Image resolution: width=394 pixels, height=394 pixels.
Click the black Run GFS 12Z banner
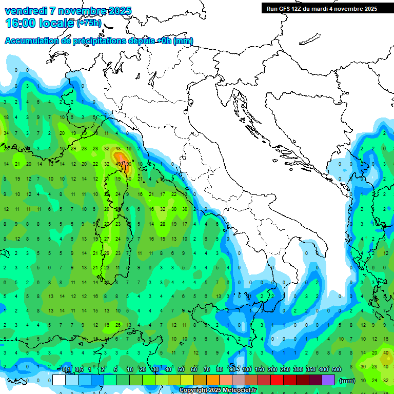pyautogui.click(x=322, y=8)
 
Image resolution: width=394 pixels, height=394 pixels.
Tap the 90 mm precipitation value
pyautogui.click(x=128, y=164)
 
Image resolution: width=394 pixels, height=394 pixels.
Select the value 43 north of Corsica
pyautogui.click(x=118, y=148)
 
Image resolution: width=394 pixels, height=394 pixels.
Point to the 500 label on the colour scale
pyautogui.click(x=337, y=369)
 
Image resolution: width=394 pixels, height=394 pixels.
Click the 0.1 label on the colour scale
pyautogui.click(x=67, y=369)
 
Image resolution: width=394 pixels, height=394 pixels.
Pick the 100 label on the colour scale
pyautogui.click(x=247, y=369)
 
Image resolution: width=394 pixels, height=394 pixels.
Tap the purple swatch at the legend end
pyautogui.click(x=329, y=380)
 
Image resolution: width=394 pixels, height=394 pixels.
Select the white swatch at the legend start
pyautogui.click(x=59, y=380)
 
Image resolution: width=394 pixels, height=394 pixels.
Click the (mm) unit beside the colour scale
pyautogui.click(x=347, y=381)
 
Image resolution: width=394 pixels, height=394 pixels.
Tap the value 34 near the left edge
pyautogui.click(x=6, y=133)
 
